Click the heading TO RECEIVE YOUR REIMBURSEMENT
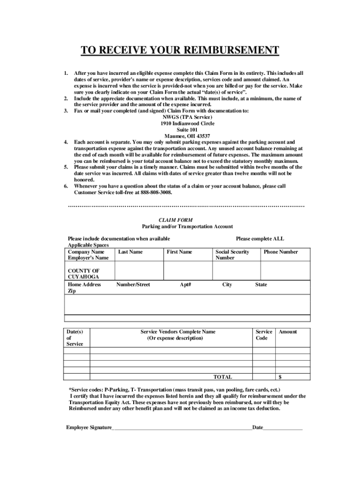(180, 50)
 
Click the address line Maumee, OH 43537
(180, 136)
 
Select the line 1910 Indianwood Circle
(180, 123)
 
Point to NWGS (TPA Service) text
(180, 117)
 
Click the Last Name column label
(130, 252)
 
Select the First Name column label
(179, 252)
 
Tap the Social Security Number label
(232, 254)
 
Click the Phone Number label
(281, 252)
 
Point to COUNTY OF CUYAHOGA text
(84, 274)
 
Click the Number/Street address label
(133, 284)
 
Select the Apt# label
(185, 284)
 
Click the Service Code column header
(263, 335)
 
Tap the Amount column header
(288, 332)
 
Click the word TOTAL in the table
(223, 377)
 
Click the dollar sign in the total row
(280, 377)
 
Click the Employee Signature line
(182, 428)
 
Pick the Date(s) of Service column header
(75, 338)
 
